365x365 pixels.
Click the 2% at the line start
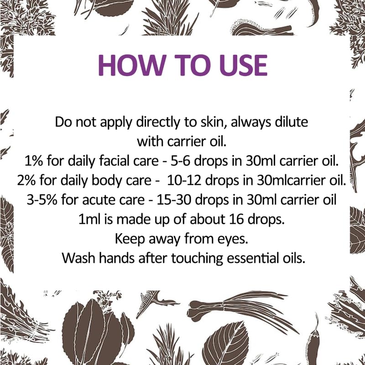[x=28, y=180]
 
